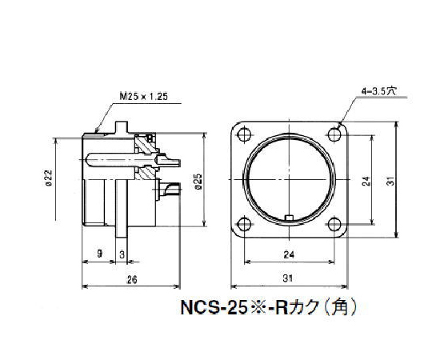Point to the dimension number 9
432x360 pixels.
pyautogui.click(x=99, y=252)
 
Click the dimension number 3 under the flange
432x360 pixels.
pyautogui.click(x=121, y=252)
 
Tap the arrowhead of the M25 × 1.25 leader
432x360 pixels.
pyautogui.click(x=96, y=129)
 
